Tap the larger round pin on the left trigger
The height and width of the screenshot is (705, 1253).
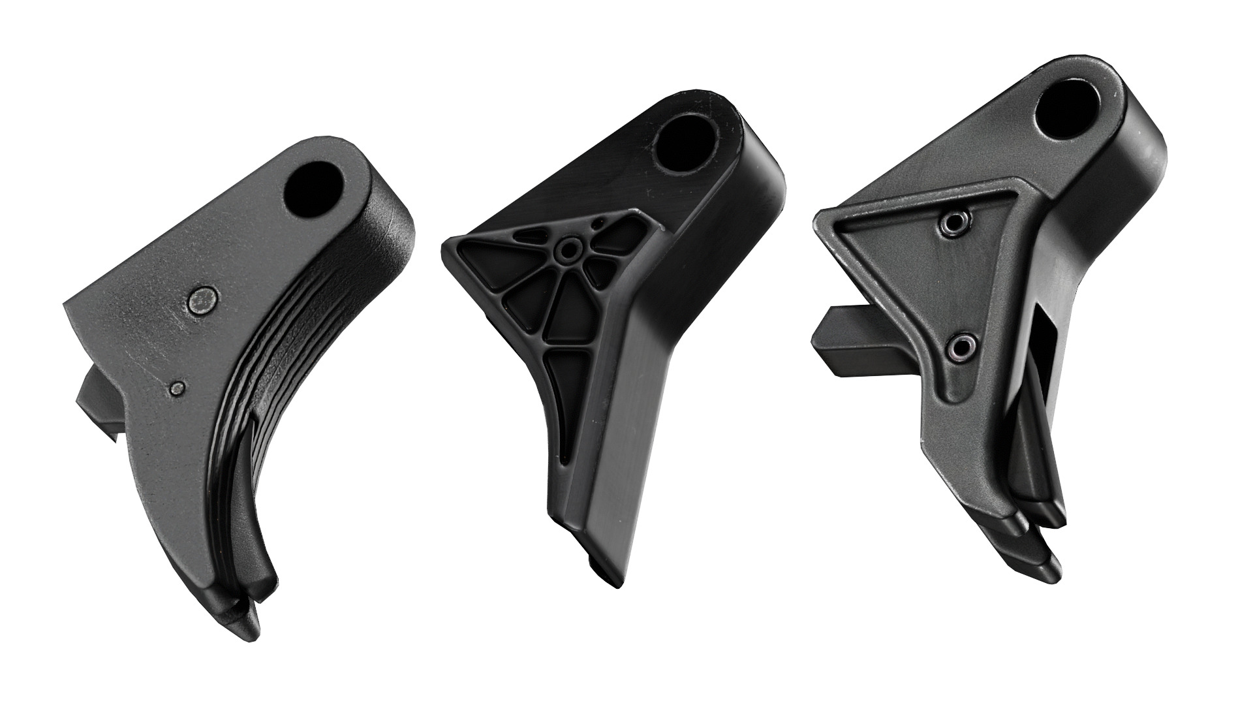pyautogui.click(x=202, y=300)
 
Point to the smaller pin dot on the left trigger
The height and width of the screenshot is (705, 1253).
pyautogui.click(x=176, y=388)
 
